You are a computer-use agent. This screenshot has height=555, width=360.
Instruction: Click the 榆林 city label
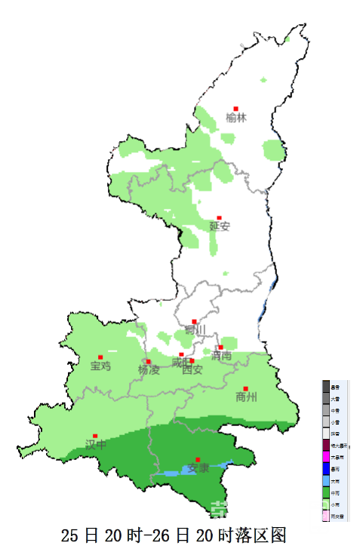(236, 118)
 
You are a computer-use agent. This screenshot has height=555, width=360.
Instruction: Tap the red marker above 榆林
(236, 108)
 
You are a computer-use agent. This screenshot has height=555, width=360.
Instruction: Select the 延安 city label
(219, 226)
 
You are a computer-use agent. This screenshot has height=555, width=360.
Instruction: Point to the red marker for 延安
(220, 218)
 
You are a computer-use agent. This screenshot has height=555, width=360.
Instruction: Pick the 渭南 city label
(221, 356)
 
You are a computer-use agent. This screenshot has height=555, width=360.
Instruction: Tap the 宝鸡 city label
(100, 366)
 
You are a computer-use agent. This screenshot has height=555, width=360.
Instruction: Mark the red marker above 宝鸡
(100, 357)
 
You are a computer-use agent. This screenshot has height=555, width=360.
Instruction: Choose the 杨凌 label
(149, 369)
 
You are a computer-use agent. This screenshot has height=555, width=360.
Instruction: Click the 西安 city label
(192, 369)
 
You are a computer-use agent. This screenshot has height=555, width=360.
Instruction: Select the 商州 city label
(246, 397)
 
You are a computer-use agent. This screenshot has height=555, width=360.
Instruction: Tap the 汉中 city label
(95, 445)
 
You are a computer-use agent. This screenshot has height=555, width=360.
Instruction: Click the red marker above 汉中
(95, 436)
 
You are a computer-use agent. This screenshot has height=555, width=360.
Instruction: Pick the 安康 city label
(198, 468)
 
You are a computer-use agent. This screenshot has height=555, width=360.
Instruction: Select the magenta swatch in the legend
(327, 457)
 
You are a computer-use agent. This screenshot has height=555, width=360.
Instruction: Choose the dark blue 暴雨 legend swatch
(327, 469)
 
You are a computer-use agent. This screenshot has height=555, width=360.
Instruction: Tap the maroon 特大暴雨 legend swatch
(327, 445)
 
